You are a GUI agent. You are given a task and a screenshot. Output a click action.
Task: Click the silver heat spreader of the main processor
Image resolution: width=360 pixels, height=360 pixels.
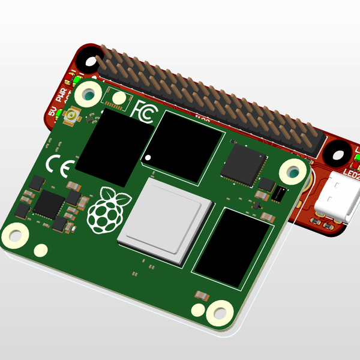pyautogui.click(x=166, y=221)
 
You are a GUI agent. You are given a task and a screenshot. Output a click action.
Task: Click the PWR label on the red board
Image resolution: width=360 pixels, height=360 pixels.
pyautogui.click(x=62, y=95)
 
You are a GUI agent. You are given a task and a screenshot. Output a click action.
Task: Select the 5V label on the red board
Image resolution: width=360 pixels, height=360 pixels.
pyautogui.click(x=52, y=112)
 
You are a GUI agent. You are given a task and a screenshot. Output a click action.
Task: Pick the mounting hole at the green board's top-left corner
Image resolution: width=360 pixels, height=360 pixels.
pyautogui.click(x=89, y=94)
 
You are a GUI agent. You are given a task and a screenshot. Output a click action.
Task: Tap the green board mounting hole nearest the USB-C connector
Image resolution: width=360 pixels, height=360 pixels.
pyautogui.click(x=292, y=172)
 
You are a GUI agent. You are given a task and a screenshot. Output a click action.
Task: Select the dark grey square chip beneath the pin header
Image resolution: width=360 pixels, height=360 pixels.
pyautogui.click(x=244, y=163)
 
